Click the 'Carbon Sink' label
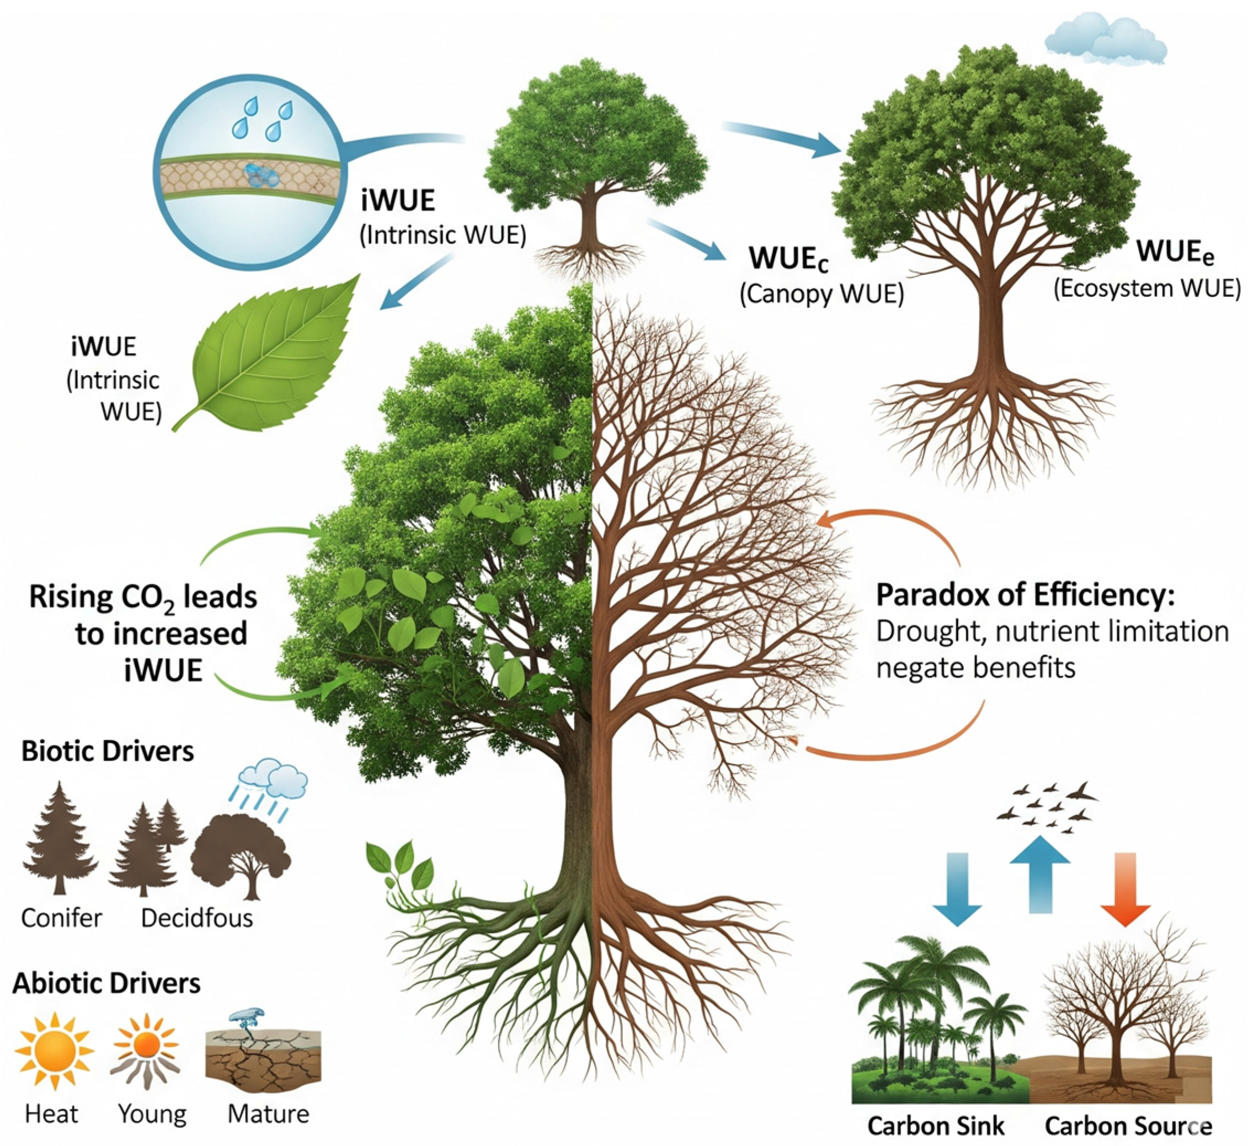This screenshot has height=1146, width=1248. point(936,1125)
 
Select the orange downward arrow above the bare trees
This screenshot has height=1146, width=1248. point(1126,887)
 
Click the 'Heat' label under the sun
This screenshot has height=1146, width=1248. point(51,1114)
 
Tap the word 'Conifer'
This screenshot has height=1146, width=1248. point(61,917)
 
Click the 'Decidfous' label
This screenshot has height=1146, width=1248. point(197,917)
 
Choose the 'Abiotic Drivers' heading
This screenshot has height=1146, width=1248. point(106,984)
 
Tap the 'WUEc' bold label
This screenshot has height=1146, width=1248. point(788,258)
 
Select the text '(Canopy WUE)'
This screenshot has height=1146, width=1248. point(822,294)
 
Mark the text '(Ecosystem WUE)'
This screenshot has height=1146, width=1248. point(1147,289)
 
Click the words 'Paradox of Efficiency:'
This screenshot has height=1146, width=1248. point(1026,595)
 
